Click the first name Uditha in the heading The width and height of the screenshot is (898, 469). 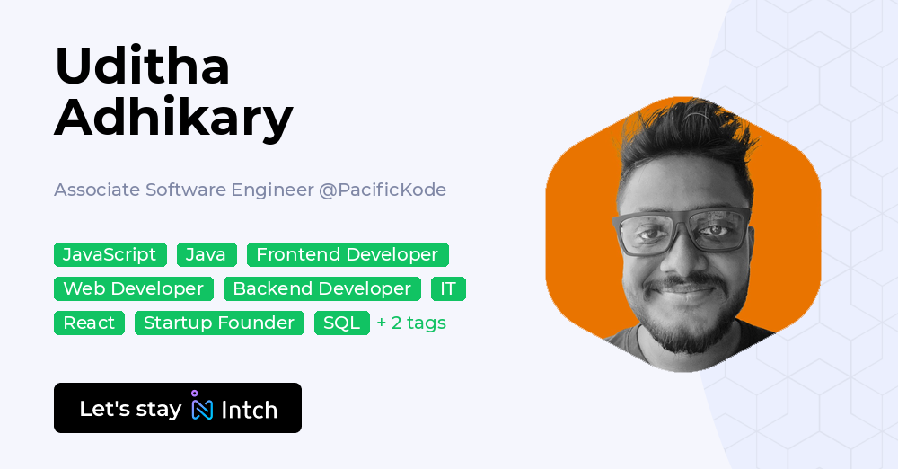[x=142, y=66]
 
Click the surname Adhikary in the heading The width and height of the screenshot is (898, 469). [x=173, y=117]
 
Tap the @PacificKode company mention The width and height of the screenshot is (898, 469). [x=383, y=190]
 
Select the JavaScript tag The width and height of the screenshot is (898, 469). [x=110, y=255]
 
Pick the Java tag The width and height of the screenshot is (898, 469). [x=207, y=255]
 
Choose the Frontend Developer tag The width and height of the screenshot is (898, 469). [x=347, y=255]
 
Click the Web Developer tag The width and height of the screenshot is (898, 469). [x=134, y=289]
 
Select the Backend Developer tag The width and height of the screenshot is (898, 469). [x=322, y=289]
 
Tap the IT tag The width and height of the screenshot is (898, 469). [x=448, y=289]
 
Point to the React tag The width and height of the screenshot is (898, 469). [x=89, y=323]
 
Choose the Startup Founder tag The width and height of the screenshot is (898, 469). [x=219, y=323]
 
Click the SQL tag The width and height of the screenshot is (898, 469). [x=341, y=323]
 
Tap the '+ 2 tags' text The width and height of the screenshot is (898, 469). [x=411, y=323]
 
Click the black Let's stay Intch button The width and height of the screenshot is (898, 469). [x=178, y=408]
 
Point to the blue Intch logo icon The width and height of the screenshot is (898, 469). [x=202, y=408]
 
